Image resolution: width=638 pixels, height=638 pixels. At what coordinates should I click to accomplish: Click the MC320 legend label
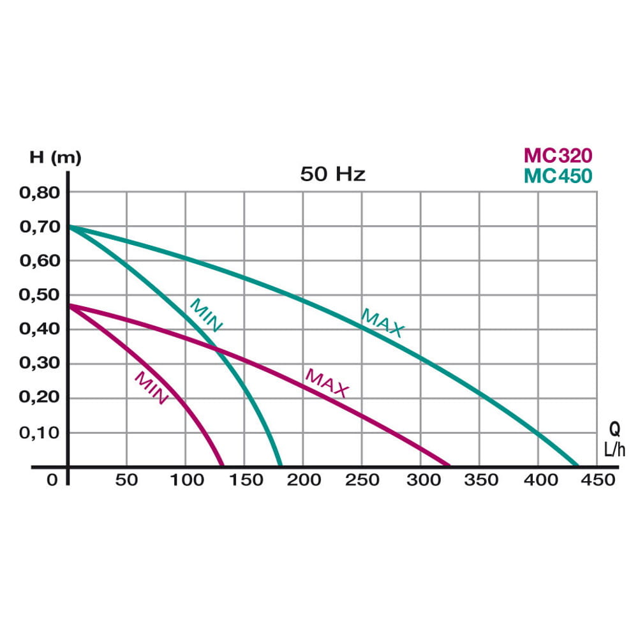coord(558,155)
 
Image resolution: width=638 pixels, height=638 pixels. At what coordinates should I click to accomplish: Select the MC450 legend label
coord(558,175)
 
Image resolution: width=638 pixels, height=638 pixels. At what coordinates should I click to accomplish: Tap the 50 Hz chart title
coord(333,174)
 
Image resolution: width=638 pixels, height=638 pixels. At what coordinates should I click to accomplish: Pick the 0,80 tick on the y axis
coord(40,192)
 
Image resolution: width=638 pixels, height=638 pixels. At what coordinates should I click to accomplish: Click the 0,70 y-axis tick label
coord(40,226)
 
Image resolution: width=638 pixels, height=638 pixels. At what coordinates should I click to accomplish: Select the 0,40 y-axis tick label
coord(40,329)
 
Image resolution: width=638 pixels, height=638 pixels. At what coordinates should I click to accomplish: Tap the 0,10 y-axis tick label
coord(40,433)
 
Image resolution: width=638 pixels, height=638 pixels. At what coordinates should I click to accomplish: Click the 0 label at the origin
coord(52,480)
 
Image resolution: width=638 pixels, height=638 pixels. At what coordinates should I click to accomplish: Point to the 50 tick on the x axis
coord(126,480)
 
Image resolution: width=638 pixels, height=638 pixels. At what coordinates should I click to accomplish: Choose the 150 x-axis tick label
coord(244,480)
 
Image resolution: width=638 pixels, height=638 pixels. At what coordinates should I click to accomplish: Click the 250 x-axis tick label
coord(362,480)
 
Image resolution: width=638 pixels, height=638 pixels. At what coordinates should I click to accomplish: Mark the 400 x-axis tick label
coord(538,480)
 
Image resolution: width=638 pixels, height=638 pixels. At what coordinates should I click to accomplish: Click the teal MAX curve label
coord(382,322)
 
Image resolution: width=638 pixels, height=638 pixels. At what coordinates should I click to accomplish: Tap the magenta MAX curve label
coord(327,383)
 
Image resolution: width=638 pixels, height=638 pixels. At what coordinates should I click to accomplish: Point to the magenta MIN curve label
coord(151,388)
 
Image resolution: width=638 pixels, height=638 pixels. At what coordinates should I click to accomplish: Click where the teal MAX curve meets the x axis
coord(577,466)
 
